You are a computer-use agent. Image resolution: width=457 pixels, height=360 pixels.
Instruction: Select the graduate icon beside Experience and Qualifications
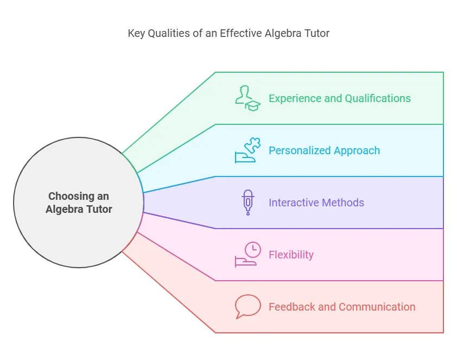(x=247, y=98)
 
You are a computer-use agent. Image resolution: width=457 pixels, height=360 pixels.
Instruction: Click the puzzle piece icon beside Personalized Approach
(x=247, y=150)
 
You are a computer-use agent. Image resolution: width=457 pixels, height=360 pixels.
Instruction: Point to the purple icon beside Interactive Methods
(x=247, y=203)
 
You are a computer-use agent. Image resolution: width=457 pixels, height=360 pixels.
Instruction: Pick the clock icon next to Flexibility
(x=247, y=255)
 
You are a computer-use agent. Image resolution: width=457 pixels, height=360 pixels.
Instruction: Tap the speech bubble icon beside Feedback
(x=247, y=307)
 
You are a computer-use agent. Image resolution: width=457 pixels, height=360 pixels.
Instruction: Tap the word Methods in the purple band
(x=342, y=203)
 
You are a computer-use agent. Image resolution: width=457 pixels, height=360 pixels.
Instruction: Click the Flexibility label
(x=291, y=255)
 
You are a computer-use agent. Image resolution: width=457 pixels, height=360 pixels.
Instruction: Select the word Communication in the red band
(x=377, y=307)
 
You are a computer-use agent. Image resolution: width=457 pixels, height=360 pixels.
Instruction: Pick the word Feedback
(x=292, y=307)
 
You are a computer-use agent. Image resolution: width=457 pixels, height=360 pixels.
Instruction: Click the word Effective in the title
(x=240, y=34)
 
